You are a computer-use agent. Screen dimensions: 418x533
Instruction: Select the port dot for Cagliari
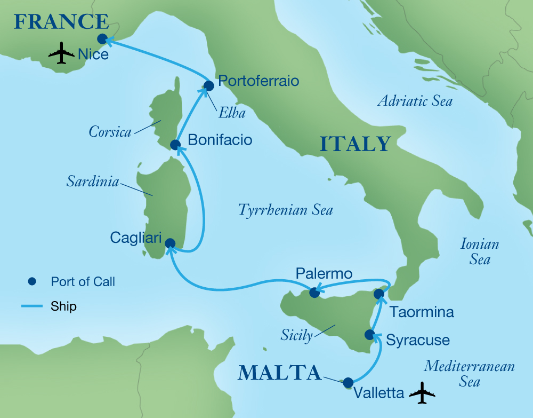pos(170,243)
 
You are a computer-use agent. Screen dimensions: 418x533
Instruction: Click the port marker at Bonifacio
pos(174,145)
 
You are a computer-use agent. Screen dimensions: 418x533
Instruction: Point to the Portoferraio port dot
pos(208,85)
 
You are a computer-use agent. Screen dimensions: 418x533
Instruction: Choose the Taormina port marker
pos(378,294)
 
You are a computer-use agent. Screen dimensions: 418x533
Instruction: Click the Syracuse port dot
pos(369,335)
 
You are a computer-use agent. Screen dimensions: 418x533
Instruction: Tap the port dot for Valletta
pos(348,382)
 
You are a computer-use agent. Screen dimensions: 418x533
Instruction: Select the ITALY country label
pos(355,145)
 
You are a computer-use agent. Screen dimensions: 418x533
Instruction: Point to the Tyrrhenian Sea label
pos(285,210)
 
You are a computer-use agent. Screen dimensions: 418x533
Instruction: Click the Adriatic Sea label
pos(415,100)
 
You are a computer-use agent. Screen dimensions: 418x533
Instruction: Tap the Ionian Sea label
pos(480,252)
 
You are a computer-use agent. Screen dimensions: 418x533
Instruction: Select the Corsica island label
pos(111,132)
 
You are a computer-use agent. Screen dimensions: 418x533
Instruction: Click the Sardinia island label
pos(92,182)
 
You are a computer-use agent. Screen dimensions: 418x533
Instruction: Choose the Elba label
pos(231,113)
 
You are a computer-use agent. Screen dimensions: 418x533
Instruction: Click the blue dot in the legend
pos(32,281)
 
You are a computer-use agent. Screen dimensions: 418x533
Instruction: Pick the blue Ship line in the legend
pos(32,306)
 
